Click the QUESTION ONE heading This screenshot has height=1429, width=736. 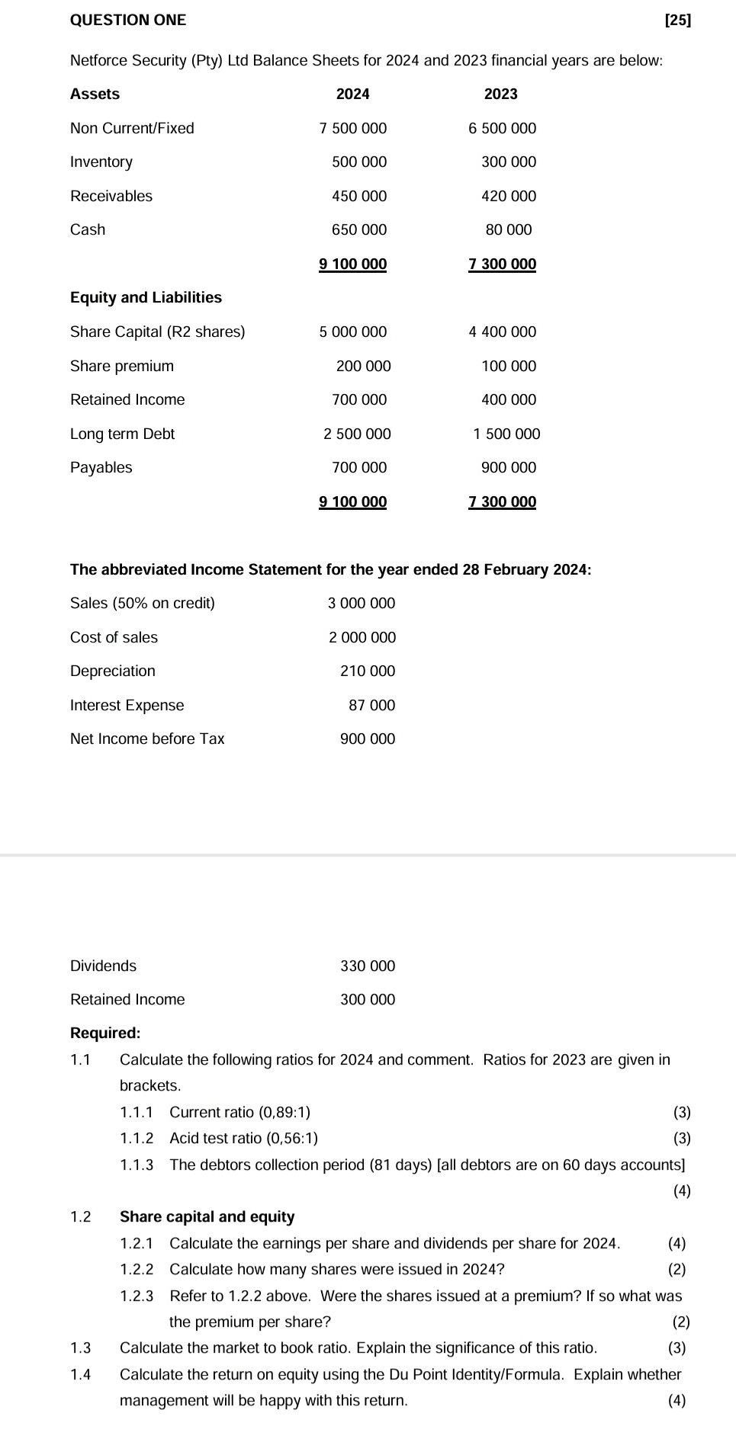click(x=127, y=21)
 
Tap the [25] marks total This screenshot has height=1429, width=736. click(x=677, y=21)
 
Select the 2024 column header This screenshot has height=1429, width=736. click(x=352, y=95)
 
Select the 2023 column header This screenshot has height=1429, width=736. click(x=500, y=95)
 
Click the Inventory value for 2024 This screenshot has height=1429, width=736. click(x=359, y=162)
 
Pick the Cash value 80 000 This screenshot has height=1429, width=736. click(x=509, y=230)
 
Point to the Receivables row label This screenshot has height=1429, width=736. click(x=111, y=197)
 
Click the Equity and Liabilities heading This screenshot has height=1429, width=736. click(x=146, y=298)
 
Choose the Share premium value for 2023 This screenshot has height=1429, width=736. click(x=509, y=367)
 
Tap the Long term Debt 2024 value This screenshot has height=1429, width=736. click(x=357, y=434)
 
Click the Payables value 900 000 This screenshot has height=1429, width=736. click(x=509, y=468)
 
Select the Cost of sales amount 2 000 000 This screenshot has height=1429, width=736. click(x=362, y=638)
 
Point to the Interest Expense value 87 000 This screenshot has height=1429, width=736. click(x=372, y=706)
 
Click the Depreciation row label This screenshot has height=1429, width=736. click(x=113, y=671)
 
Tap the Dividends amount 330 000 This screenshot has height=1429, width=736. click(x=368, y=966)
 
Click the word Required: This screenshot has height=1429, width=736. click(x=105, y=1033)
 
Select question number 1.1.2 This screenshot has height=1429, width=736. click(x=137, y=1139)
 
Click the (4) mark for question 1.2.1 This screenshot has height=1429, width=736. click(x=677, y=1244)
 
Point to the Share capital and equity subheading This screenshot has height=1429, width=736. click(x=207, y=1217)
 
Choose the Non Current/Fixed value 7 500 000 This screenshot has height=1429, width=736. click(x=352, y=129)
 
